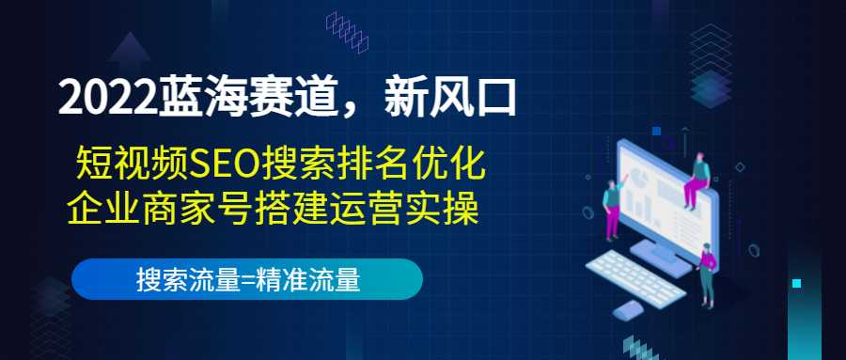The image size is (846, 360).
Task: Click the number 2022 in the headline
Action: tap(103, 101)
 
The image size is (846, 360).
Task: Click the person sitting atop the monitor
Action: tap(697, 178)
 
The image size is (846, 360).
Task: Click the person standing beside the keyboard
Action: tap(708, 273)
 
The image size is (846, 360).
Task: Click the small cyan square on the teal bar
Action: tap(797, 282)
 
